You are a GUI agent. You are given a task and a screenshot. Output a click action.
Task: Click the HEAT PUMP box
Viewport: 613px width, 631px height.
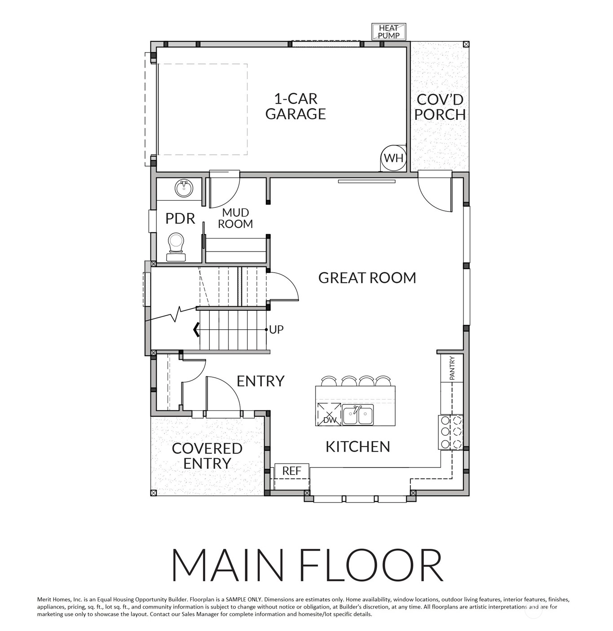(x=388, y=32)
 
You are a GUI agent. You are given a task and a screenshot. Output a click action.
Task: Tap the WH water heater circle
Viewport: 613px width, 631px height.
(x=393, y=158)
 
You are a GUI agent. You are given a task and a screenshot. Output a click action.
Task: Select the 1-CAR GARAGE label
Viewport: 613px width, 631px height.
(x=295, y=106)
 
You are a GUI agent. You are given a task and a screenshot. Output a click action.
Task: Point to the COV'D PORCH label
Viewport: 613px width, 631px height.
(x=440, y=107)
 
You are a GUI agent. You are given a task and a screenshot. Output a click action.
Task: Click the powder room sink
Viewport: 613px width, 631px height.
(x=184, y=188)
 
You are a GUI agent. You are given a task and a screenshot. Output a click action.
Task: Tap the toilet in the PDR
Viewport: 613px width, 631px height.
(x=176, y=247)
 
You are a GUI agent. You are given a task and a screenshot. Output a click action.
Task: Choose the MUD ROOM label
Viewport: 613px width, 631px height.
(x=235, y=218)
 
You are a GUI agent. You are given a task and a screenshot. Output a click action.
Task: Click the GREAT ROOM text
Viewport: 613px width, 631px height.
(x=367, y=278)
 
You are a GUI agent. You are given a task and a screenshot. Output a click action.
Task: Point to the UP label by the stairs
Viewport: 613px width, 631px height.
(x=276, y=330)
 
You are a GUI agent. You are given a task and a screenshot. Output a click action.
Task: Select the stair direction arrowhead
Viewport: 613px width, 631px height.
(x=196, y=330)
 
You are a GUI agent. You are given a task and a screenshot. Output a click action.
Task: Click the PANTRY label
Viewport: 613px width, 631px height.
(x=452, y=368)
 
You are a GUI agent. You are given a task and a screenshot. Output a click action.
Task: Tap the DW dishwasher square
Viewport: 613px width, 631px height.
(x=328, y=414)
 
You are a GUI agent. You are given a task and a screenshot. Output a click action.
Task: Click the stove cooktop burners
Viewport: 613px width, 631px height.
(x=450, y=432)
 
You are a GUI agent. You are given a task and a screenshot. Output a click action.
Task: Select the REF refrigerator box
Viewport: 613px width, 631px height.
(x=292, y=471)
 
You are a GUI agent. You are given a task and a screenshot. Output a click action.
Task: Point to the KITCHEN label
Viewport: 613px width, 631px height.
(x=358, y=447)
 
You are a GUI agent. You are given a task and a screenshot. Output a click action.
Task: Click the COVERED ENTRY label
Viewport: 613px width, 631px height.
(x=207, y=455)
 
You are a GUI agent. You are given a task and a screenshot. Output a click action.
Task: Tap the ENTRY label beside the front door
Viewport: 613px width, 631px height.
(x=260, y=381)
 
